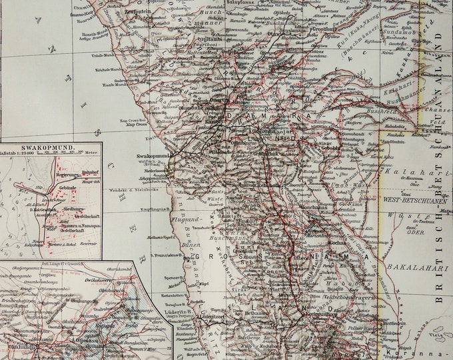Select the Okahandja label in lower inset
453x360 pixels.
tap(19, 346)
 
